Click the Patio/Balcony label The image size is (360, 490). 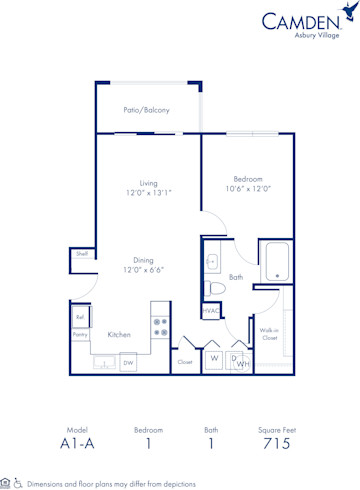146,109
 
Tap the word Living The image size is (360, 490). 148,183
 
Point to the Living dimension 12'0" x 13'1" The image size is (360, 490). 148,193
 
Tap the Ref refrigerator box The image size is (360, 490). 80,317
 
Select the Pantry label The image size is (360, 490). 80,335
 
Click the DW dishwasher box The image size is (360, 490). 128,363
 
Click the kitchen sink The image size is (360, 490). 104,361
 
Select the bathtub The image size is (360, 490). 275,262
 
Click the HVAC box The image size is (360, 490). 210,311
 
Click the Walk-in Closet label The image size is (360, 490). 269,334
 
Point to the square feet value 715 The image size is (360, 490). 275,441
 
